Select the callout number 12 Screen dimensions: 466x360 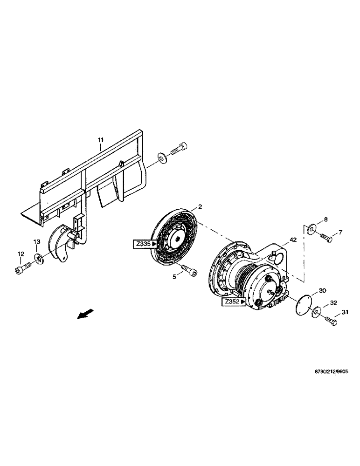pyautogui.click(x=20, y=254)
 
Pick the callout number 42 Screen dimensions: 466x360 pyautogui.click(x=293, y=240)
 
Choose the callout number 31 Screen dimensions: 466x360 pyautogui.click(x=345, y=312)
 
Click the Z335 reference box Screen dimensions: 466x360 pyautogui.click(x=146, y=243)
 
